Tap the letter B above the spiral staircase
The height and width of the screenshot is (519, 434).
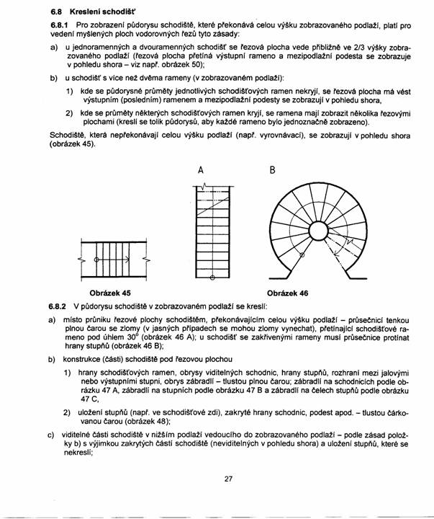273,171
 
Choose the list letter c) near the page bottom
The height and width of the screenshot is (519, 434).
52,435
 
